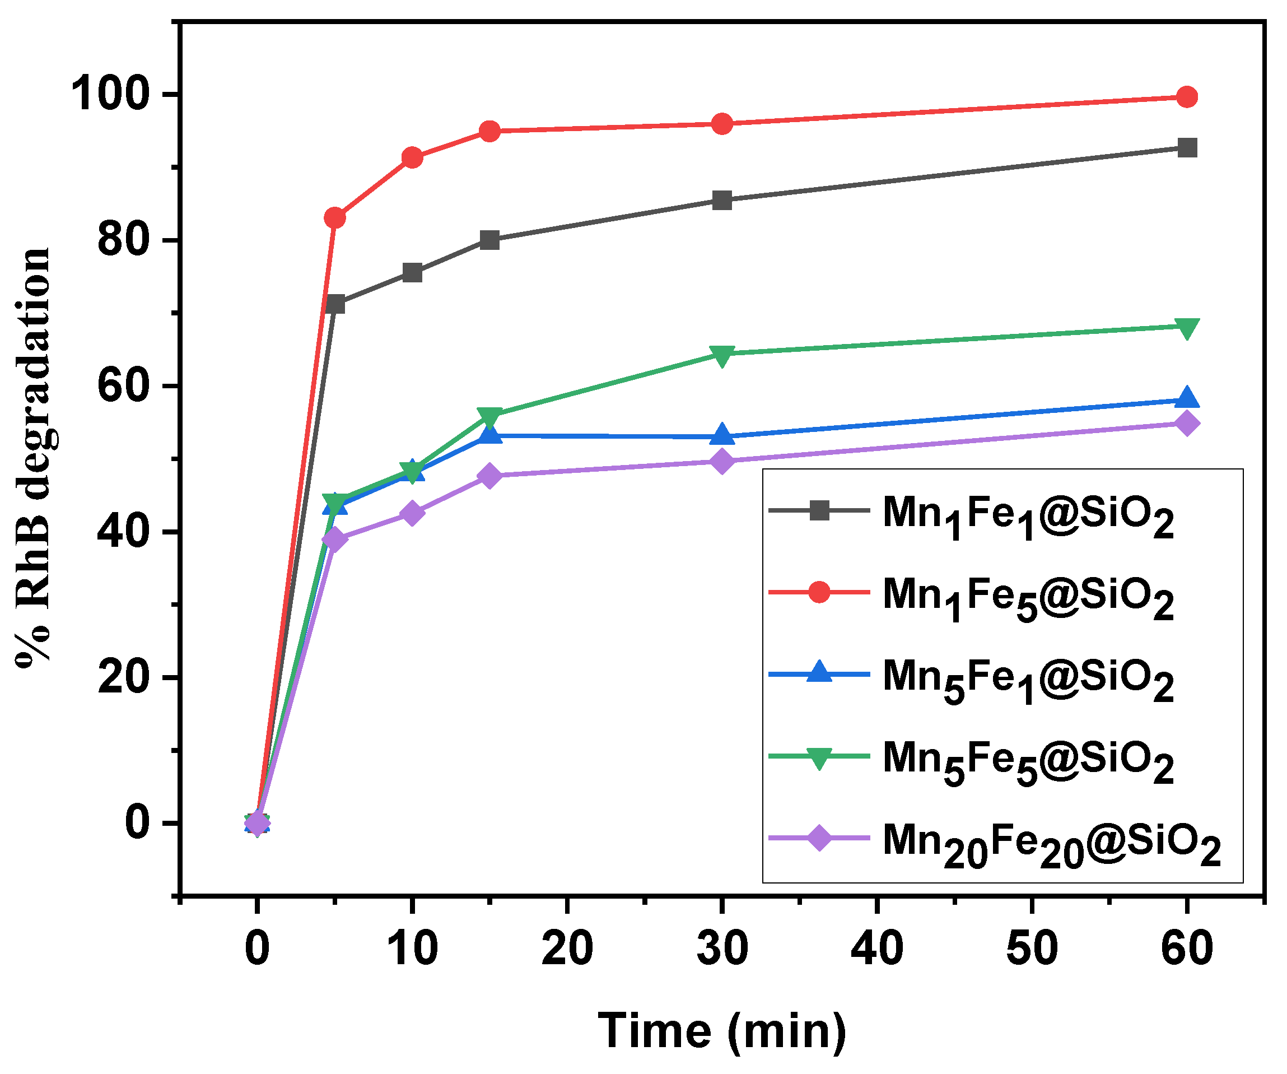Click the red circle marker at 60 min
[1187, 97]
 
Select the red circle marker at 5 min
[334, 217]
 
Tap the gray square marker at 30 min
[722, 200]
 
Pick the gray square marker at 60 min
[1187, 148]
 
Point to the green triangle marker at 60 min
[1187, 328]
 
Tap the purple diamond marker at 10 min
[412, 513]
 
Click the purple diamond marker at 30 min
[722, 461]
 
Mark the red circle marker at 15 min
[489, 131]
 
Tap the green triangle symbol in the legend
[819, 757]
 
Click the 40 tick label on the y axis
[123, 532]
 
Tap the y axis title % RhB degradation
[34, 457]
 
